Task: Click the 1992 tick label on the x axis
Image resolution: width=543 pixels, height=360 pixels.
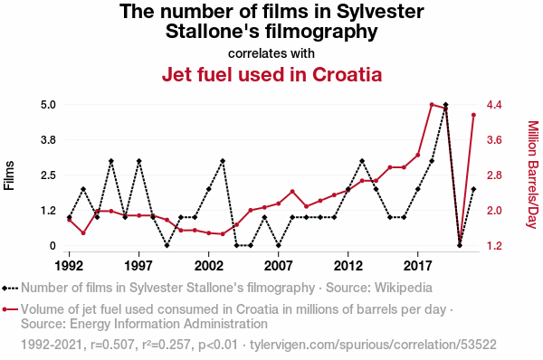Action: tap(70, 266)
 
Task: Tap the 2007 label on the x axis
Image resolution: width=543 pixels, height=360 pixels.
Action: tap(279, 266)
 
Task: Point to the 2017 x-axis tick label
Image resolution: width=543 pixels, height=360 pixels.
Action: tap(418, 266)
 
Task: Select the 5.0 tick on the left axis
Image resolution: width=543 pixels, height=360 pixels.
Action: tap(48, 105)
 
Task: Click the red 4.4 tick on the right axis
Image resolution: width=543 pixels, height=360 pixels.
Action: tap(494, 105)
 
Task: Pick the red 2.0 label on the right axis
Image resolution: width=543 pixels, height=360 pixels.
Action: tap(494, 211)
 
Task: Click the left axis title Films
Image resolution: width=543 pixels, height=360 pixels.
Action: tap(9, 175)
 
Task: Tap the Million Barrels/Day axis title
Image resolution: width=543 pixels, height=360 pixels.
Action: tap(533, 175)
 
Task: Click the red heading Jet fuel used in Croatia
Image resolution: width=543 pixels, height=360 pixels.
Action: tap(271, 74)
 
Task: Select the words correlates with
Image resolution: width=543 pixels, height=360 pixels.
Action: tap(271, 53)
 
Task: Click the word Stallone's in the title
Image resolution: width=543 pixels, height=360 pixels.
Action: tap(213, 32)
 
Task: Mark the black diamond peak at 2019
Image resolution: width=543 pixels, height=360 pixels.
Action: tap(445, 105)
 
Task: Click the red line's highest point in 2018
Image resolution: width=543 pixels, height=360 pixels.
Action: tap(432, 105)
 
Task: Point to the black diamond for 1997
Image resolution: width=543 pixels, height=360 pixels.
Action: tap(138, 161)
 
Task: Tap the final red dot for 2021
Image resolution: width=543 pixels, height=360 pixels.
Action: tap(473, 115)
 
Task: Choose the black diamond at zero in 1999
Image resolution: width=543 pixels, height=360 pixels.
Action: tap(167, 245)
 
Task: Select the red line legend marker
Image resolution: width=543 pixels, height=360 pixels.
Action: tap(10, 309)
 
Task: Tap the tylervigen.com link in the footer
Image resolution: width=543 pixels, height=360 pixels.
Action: tap(373, 345)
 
